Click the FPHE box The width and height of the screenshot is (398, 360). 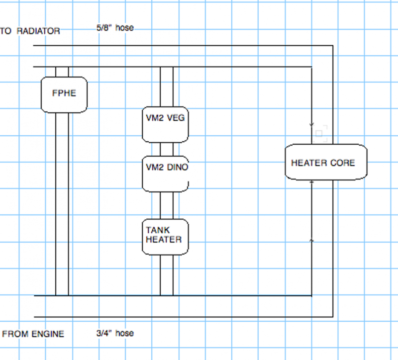coord(64,94)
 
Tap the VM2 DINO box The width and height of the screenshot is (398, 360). coord(166,174)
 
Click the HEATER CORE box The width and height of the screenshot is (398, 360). coord(325,163)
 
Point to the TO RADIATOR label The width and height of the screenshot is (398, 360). coord(31,31)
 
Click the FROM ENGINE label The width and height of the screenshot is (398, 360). coord(33,334)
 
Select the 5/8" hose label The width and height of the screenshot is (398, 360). coord(115,28)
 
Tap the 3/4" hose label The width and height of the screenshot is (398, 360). coord(115,333)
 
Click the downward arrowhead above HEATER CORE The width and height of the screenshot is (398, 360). coord(312,124)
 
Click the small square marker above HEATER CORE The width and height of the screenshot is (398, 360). coord(319,133)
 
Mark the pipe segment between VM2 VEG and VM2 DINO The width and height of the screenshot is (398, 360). coord(166,149)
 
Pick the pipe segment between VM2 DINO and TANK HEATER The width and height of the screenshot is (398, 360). coord(166,205)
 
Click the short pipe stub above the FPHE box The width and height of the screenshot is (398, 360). coord(62,72)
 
